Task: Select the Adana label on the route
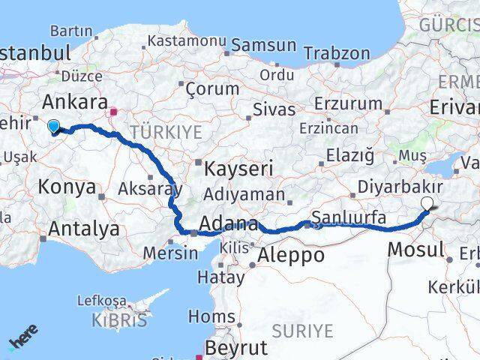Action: coord(229,223)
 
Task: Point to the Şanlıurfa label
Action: coord(349,218)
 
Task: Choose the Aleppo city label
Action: coord(291,255)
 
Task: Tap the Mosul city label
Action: coord(416,249)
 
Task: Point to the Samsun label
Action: coord(263,46)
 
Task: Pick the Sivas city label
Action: coord(274,109)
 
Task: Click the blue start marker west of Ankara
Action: coord(54,127)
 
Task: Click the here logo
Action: coord(23,337)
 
